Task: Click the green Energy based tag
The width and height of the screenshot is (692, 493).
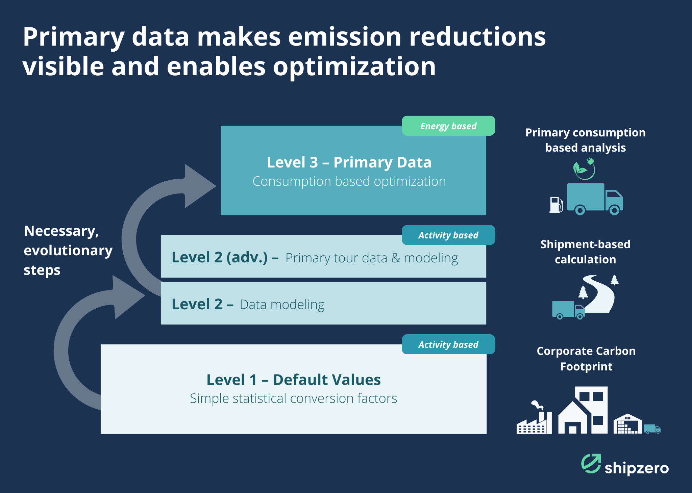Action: click(x=448, y=126)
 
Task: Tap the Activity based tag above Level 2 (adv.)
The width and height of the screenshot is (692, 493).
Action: click(x=448, y=235)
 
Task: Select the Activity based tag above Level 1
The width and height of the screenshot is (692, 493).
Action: click(x=448, y=344)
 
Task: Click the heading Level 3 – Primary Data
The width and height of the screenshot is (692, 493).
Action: click(x=349, y=162)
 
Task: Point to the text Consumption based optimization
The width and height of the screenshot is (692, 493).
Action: click(x=349, y=182)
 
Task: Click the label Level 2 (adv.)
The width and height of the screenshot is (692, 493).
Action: click(x=220, y=258)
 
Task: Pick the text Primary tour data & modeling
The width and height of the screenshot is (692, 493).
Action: click(x=372, y=258)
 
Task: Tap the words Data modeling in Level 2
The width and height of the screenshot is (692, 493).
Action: click(x=282, y=305)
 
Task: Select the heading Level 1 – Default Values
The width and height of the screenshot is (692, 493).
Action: click(x=293, y=380)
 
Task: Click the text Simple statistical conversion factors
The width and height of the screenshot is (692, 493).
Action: click(x=293, y=398)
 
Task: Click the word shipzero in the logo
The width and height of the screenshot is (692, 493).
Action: click(x=637, y=468)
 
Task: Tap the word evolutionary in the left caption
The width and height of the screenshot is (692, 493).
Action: click(x=68, y=251)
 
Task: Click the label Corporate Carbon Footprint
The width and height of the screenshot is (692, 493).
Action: click(x=586, y=359)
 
